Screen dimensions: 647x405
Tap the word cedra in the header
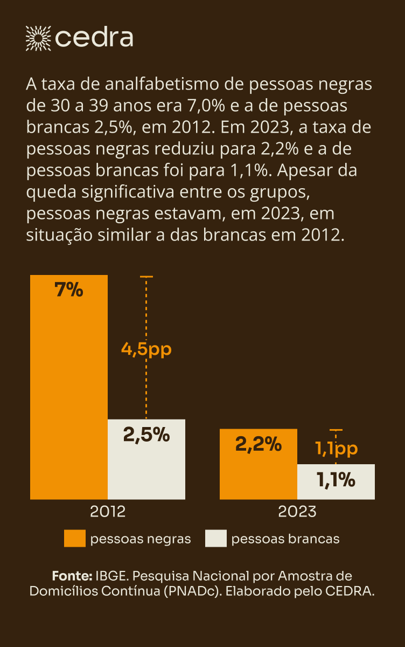click(x=94, y=37)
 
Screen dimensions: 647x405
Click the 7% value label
click(x=69, y=290)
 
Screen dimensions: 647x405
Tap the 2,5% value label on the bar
click(x=146, y=434)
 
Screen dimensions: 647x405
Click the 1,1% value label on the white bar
click(x=336, y=479)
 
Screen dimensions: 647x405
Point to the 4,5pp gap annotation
click(x=146, y=349)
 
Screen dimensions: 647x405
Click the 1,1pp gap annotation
click(x=336, y=448)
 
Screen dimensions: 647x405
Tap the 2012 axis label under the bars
click(x=108, y=511)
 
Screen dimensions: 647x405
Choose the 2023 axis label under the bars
click(x=297, y=511)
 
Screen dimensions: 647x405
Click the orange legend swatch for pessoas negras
click(x=74, y=539)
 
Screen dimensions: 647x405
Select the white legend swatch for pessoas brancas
click(x=216, y=539)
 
